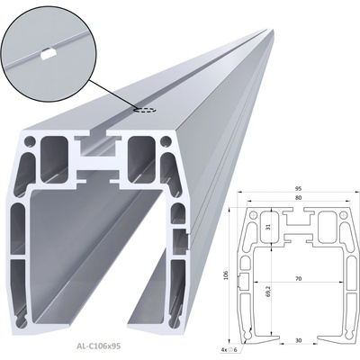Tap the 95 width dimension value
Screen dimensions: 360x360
(x=298, y=189)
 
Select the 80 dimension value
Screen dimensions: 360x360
(x=298, y=198)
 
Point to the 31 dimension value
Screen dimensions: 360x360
(x=268, y=228)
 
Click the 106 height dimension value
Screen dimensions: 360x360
(x=226, y=275)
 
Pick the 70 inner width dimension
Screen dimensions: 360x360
(x=298, y=279)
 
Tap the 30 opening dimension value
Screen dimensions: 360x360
(x=298, y=340)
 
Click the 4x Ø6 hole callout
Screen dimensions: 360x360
(x=229, y=349)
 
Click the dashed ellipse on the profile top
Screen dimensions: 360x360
(x=145, y=110)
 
